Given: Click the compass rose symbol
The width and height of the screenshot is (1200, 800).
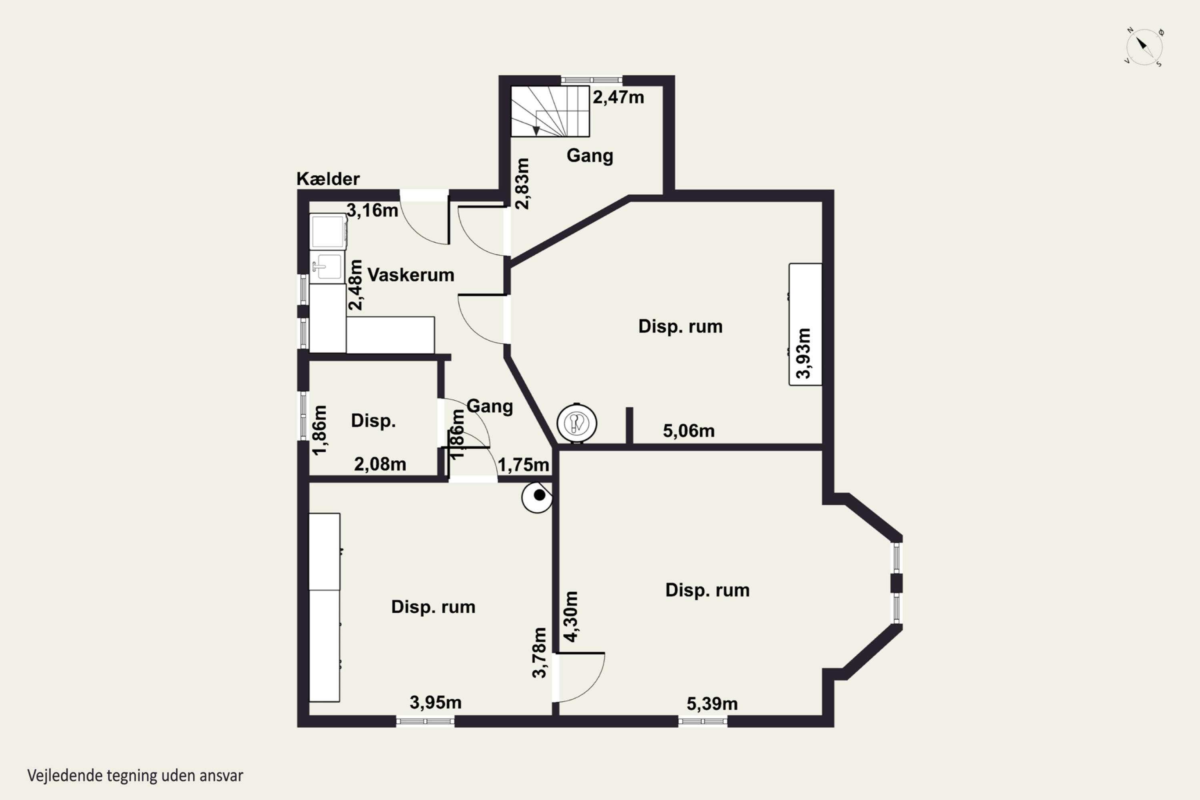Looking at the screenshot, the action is [1144, 46].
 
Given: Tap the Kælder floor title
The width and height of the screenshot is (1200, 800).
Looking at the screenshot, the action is [328, 179].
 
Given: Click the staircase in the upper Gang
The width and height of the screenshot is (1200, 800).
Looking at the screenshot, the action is [550, 111].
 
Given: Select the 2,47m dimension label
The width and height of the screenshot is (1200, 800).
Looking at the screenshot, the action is [618, 97].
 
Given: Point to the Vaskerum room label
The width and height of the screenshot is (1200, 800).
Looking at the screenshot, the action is [411, 275].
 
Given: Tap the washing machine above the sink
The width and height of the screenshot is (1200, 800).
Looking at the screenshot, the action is [328, 232].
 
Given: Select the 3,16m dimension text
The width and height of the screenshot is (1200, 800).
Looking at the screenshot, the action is [372, 210].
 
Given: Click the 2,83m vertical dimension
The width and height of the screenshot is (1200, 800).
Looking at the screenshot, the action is [523, 184].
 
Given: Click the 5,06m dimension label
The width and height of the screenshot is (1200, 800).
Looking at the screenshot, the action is [689, 431].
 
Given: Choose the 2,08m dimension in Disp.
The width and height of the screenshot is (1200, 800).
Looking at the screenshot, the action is [380, 464].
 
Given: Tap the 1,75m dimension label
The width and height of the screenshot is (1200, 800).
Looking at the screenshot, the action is [524, 465].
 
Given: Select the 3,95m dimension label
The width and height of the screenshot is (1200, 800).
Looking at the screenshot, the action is [436, 702].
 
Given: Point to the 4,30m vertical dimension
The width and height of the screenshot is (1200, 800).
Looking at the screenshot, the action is [571, 616].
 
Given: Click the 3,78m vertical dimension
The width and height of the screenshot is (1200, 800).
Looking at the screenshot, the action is [539, 652].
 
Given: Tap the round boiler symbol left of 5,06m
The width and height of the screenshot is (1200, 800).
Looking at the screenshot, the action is [576, 423].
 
